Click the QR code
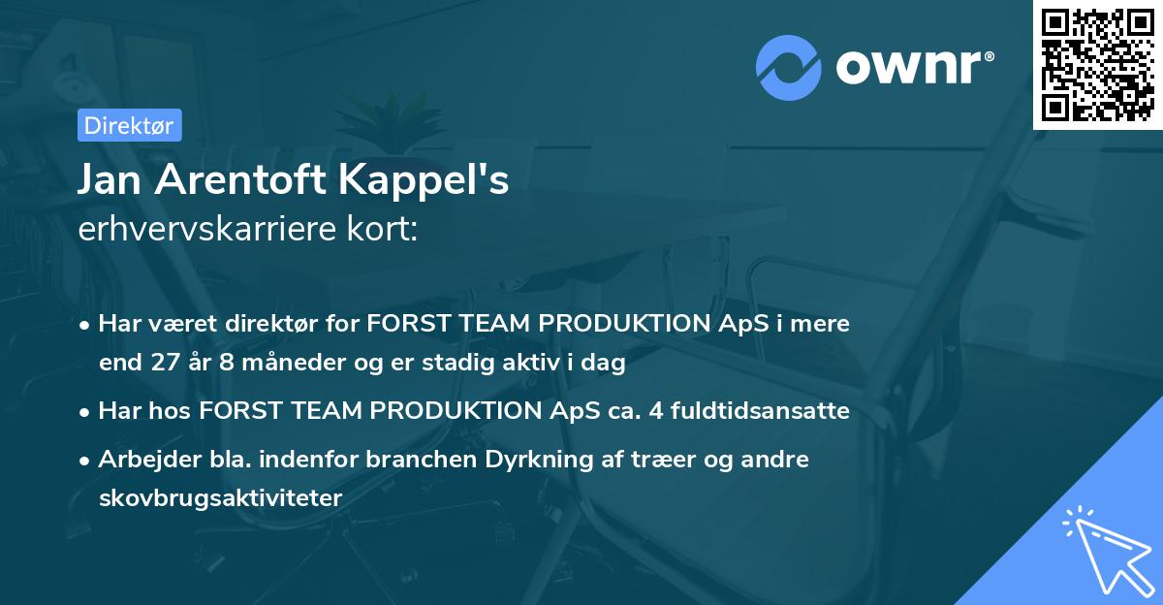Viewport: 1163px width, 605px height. tap(1098, 65)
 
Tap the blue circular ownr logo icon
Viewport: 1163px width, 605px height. tap(790, 68)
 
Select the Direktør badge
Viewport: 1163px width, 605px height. tap(129, 125)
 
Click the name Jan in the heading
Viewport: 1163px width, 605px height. tap(113, 179)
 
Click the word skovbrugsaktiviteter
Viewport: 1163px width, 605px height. tap(220, 498)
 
